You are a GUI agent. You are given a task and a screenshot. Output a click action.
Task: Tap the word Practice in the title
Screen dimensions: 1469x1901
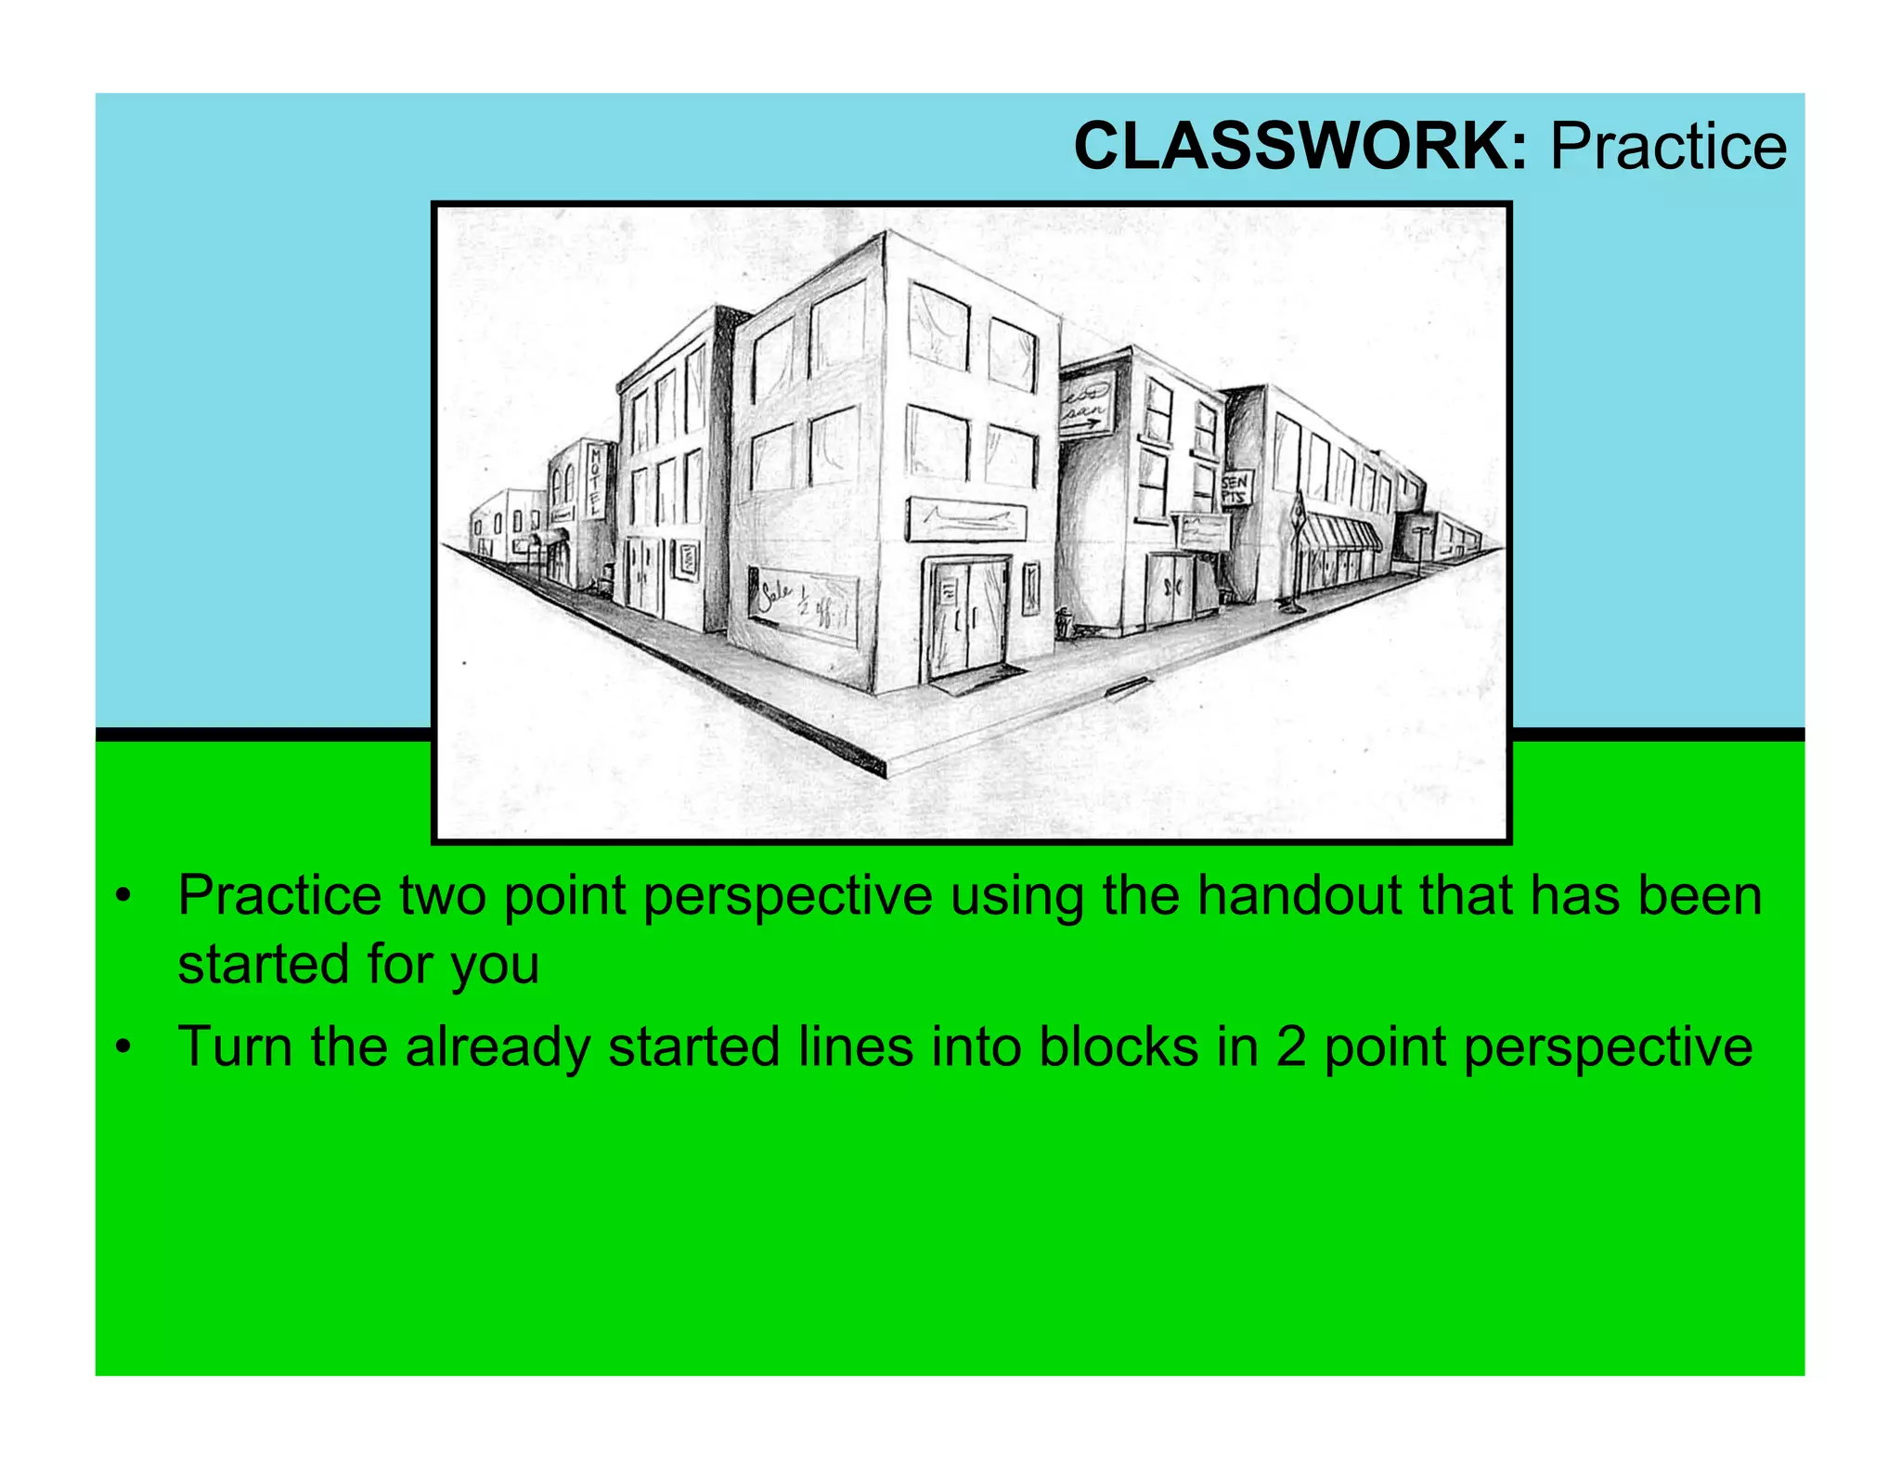(x=1668, y=147)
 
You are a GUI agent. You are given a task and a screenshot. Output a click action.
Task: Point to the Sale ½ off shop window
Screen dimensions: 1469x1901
(x=804, y=604)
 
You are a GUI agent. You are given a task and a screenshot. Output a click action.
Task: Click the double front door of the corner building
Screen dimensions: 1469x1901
(x=965, y=617)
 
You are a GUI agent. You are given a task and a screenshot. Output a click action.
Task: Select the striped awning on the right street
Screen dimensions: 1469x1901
(x=1341, y=536)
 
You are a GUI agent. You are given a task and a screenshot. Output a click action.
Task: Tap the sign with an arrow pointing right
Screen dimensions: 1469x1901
(x=1087, y=407)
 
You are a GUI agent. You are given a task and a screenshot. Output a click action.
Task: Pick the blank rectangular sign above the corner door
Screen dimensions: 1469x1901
(x=966, y=519)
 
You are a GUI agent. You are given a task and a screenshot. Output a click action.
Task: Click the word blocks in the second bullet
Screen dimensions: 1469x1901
(x=1119, y=1047)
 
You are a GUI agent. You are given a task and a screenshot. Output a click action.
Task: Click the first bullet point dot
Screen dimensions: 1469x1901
(x=122, y=898)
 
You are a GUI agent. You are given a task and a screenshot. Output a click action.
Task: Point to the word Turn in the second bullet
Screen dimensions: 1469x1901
(x=236, y=1047)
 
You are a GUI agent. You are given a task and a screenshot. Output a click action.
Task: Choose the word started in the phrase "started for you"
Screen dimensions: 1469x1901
(x=263, y=966)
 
